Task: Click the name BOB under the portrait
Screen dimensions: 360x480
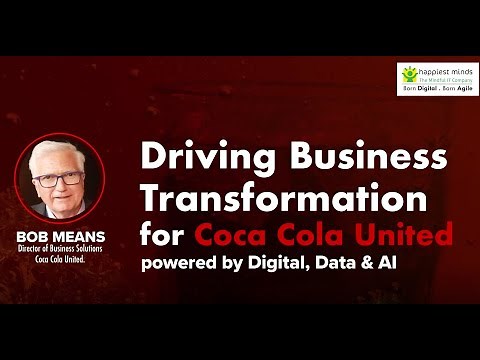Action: click(34, 235)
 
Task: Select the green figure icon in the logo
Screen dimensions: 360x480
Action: click(410, 74)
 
